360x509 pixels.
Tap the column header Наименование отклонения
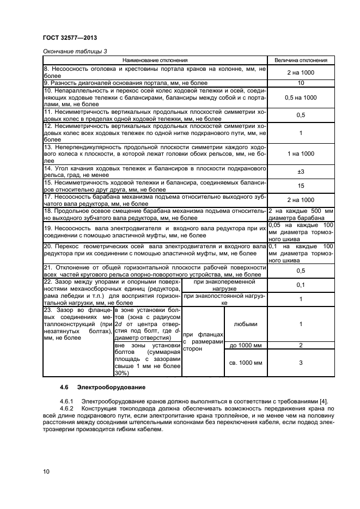click(155, 60)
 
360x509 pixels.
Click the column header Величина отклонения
click(301, 60)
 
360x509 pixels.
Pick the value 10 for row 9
click(301, 83)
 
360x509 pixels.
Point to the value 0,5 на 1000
click(301, 97)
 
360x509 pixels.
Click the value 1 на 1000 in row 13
click(301, 154)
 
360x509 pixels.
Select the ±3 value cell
click(301, 172)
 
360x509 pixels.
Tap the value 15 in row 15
click(301, 186)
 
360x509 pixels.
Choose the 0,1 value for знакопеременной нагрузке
click(301, 285)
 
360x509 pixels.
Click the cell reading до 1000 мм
click(246, 346)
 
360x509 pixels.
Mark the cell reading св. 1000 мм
click(246, 363)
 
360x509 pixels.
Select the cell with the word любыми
click(246, 323)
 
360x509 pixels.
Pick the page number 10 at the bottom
click(46, 471)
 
